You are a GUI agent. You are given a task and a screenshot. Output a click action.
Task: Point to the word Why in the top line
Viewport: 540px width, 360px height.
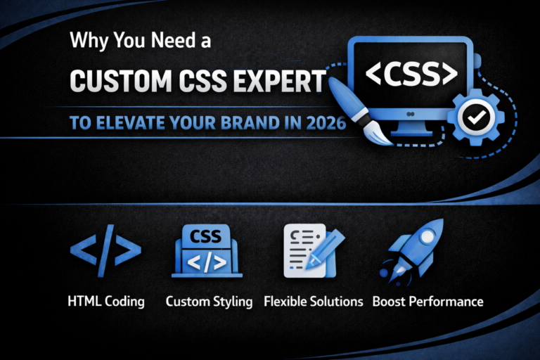tap(85, 41)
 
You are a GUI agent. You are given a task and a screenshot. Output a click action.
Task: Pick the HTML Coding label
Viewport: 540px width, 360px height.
tap(106, 302)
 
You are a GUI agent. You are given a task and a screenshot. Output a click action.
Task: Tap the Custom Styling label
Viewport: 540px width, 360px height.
tap(209, 302)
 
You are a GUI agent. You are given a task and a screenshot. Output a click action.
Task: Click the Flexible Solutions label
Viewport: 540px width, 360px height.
tap(313, 302)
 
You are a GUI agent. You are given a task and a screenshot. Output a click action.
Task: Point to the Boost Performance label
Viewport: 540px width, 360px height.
tap(427, 302)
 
